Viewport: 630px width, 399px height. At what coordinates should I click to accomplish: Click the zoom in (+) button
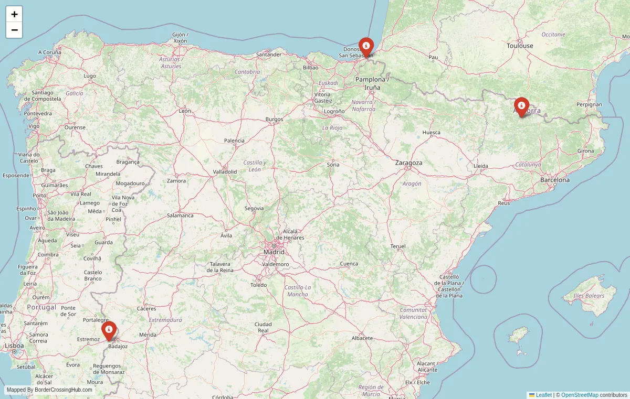(14, 14)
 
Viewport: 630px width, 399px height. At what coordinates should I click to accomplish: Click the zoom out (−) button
(14, 30)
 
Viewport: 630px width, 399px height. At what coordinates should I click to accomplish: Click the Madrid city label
(274, 252)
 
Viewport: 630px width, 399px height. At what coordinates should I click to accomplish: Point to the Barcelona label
(555, 180)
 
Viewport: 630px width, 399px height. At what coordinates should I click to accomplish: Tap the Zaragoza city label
(409, 163)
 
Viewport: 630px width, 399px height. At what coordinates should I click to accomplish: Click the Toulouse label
(520, 46)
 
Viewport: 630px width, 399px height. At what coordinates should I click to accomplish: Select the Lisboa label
(14, 346)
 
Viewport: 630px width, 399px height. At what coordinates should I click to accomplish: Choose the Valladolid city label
(225, 171)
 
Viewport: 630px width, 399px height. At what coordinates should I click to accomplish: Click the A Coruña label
(50, 52)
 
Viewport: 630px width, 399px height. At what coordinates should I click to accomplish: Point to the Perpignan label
(589, 104)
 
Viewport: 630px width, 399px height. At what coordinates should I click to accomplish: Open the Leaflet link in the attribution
(543, 395)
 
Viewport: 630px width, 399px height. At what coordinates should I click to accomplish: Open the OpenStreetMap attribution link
(580, 395)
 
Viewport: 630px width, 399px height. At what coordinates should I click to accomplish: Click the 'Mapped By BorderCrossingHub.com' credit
(49, 390)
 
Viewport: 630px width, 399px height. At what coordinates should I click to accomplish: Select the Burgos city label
(274, 119)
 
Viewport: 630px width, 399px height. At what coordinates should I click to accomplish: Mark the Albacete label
(362, 338)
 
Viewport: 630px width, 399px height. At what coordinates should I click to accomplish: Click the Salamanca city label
(180, 215)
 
